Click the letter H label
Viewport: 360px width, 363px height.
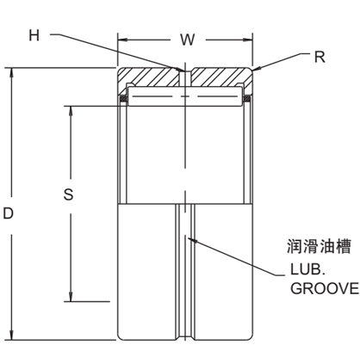point(34,35)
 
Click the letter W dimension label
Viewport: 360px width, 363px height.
point(186,40)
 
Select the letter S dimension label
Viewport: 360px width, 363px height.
point(68,194)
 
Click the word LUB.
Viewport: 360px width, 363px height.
point(306,270)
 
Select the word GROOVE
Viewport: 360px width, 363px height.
point(324,288)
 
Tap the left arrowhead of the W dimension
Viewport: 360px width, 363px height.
point(121,40)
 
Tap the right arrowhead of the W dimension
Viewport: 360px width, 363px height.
point(250,40)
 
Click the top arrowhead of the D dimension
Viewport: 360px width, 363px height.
point(11,72)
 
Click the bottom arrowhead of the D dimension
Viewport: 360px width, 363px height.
point(11,336)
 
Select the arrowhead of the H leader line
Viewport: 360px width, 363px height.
point(182,68)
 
